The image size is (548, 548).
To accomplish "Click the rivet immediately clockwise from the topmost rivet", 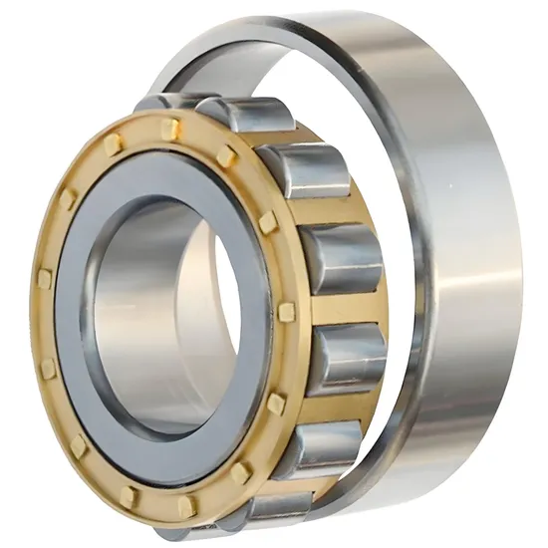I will pos(227,155).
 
